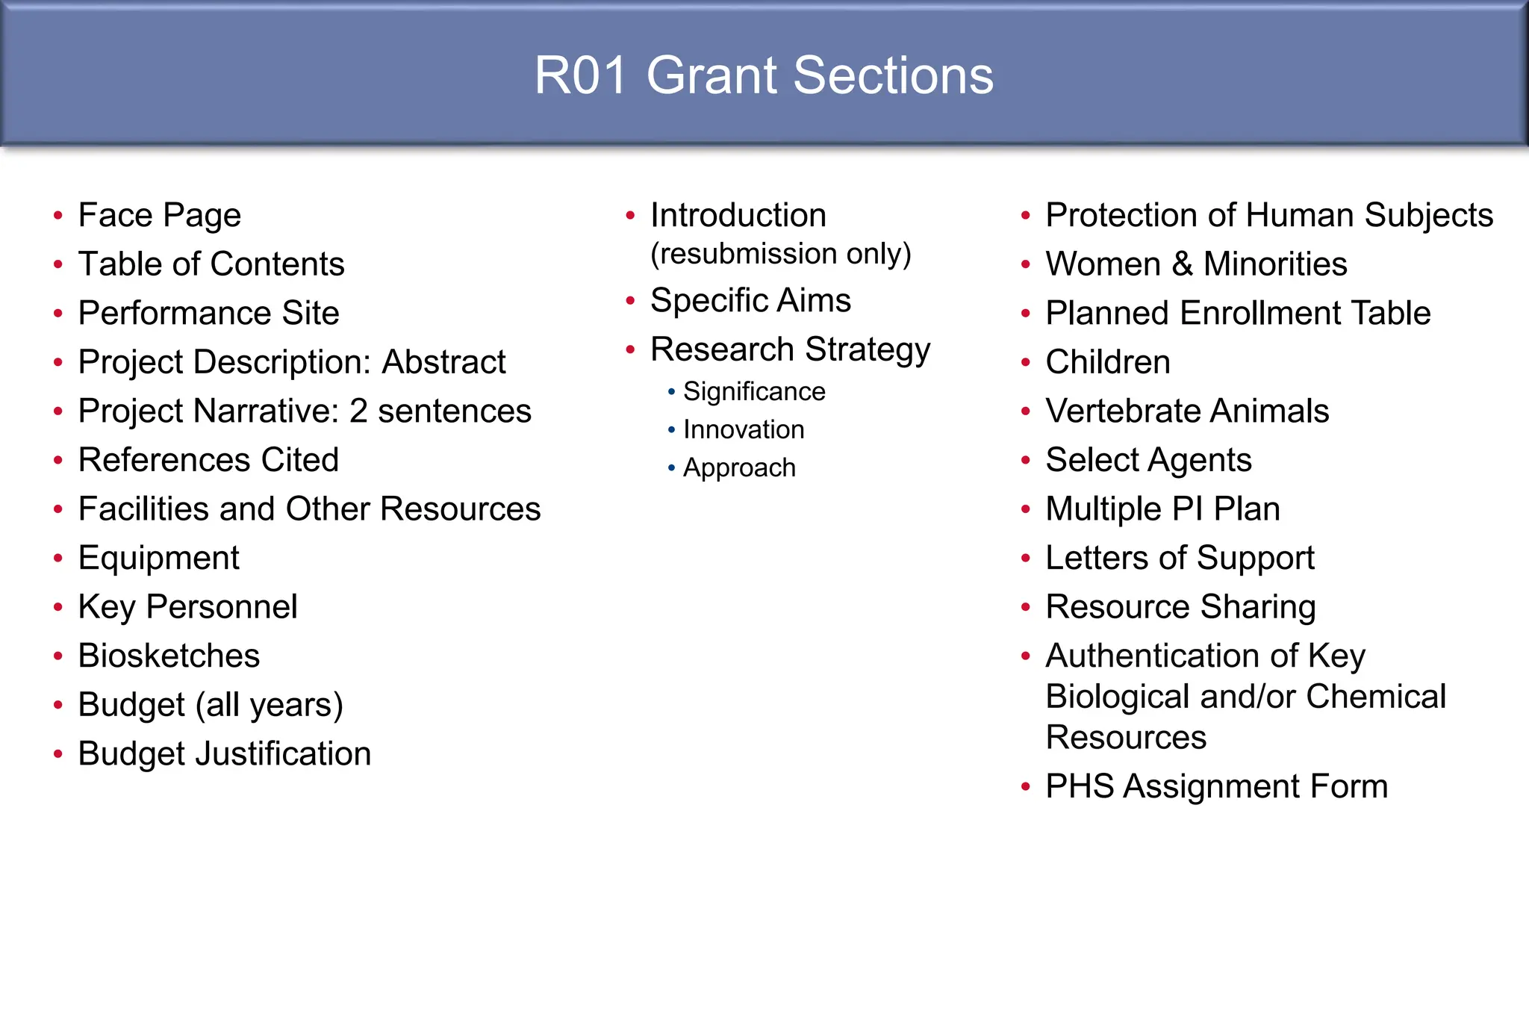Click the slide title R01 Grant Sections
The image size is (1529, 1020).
(764, 75)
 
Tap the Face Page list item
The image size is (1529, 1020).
(159, 216)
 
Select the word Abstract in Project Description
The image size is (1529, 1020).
(443, 362)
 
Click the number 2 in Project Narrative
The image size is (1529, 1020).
(358, 411)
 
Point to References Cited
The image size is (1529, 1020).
(208, 460)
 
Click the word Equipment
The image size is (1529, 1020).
(158, 559)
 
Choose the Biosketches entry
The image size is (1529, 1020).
(169, 656)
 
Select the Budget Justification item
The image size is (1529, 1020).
(224, 754)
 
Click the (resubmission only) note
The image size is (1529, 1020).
(780, 254)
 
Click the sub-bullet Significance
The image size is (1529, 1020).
(754, 392)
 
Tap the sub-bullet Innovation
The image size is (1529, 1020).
(744, 430)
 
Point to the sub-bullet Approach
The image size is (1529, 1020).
(739, 468)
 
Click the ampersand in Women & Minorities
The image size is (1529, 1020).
(1182, 264)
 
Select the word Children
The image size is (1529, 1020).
(1107, 362)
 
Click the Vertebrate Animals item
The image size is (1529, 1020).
(1187, 411)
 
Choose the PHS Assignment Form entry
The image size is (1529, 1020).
(1216, 787)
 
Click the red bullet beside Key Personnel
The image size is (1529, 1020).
(58, 607)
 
